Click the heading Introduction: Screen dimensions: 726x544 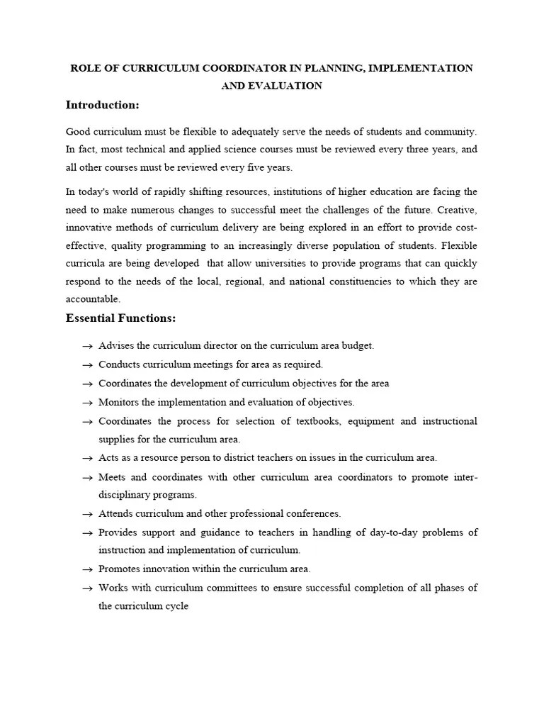[x=102, y=105]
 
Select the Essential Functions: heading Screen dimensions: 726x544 [x=120, y=318]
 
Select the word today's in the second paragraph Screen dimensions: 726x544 [x=94, y=192]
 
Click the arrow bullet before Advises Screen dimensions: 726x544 [x=87, y=346]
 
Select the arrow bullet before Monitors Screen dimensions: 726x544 [x=87, y=403]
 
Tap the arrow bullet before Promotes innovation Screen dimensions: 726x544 [x=87, y=569]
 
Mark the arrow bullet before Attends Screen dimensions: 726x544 [x=87, y=513]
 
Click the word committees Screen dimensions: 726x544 [x=223, y=588]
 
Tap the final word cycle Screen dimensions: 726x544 [x=176, y=607]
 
